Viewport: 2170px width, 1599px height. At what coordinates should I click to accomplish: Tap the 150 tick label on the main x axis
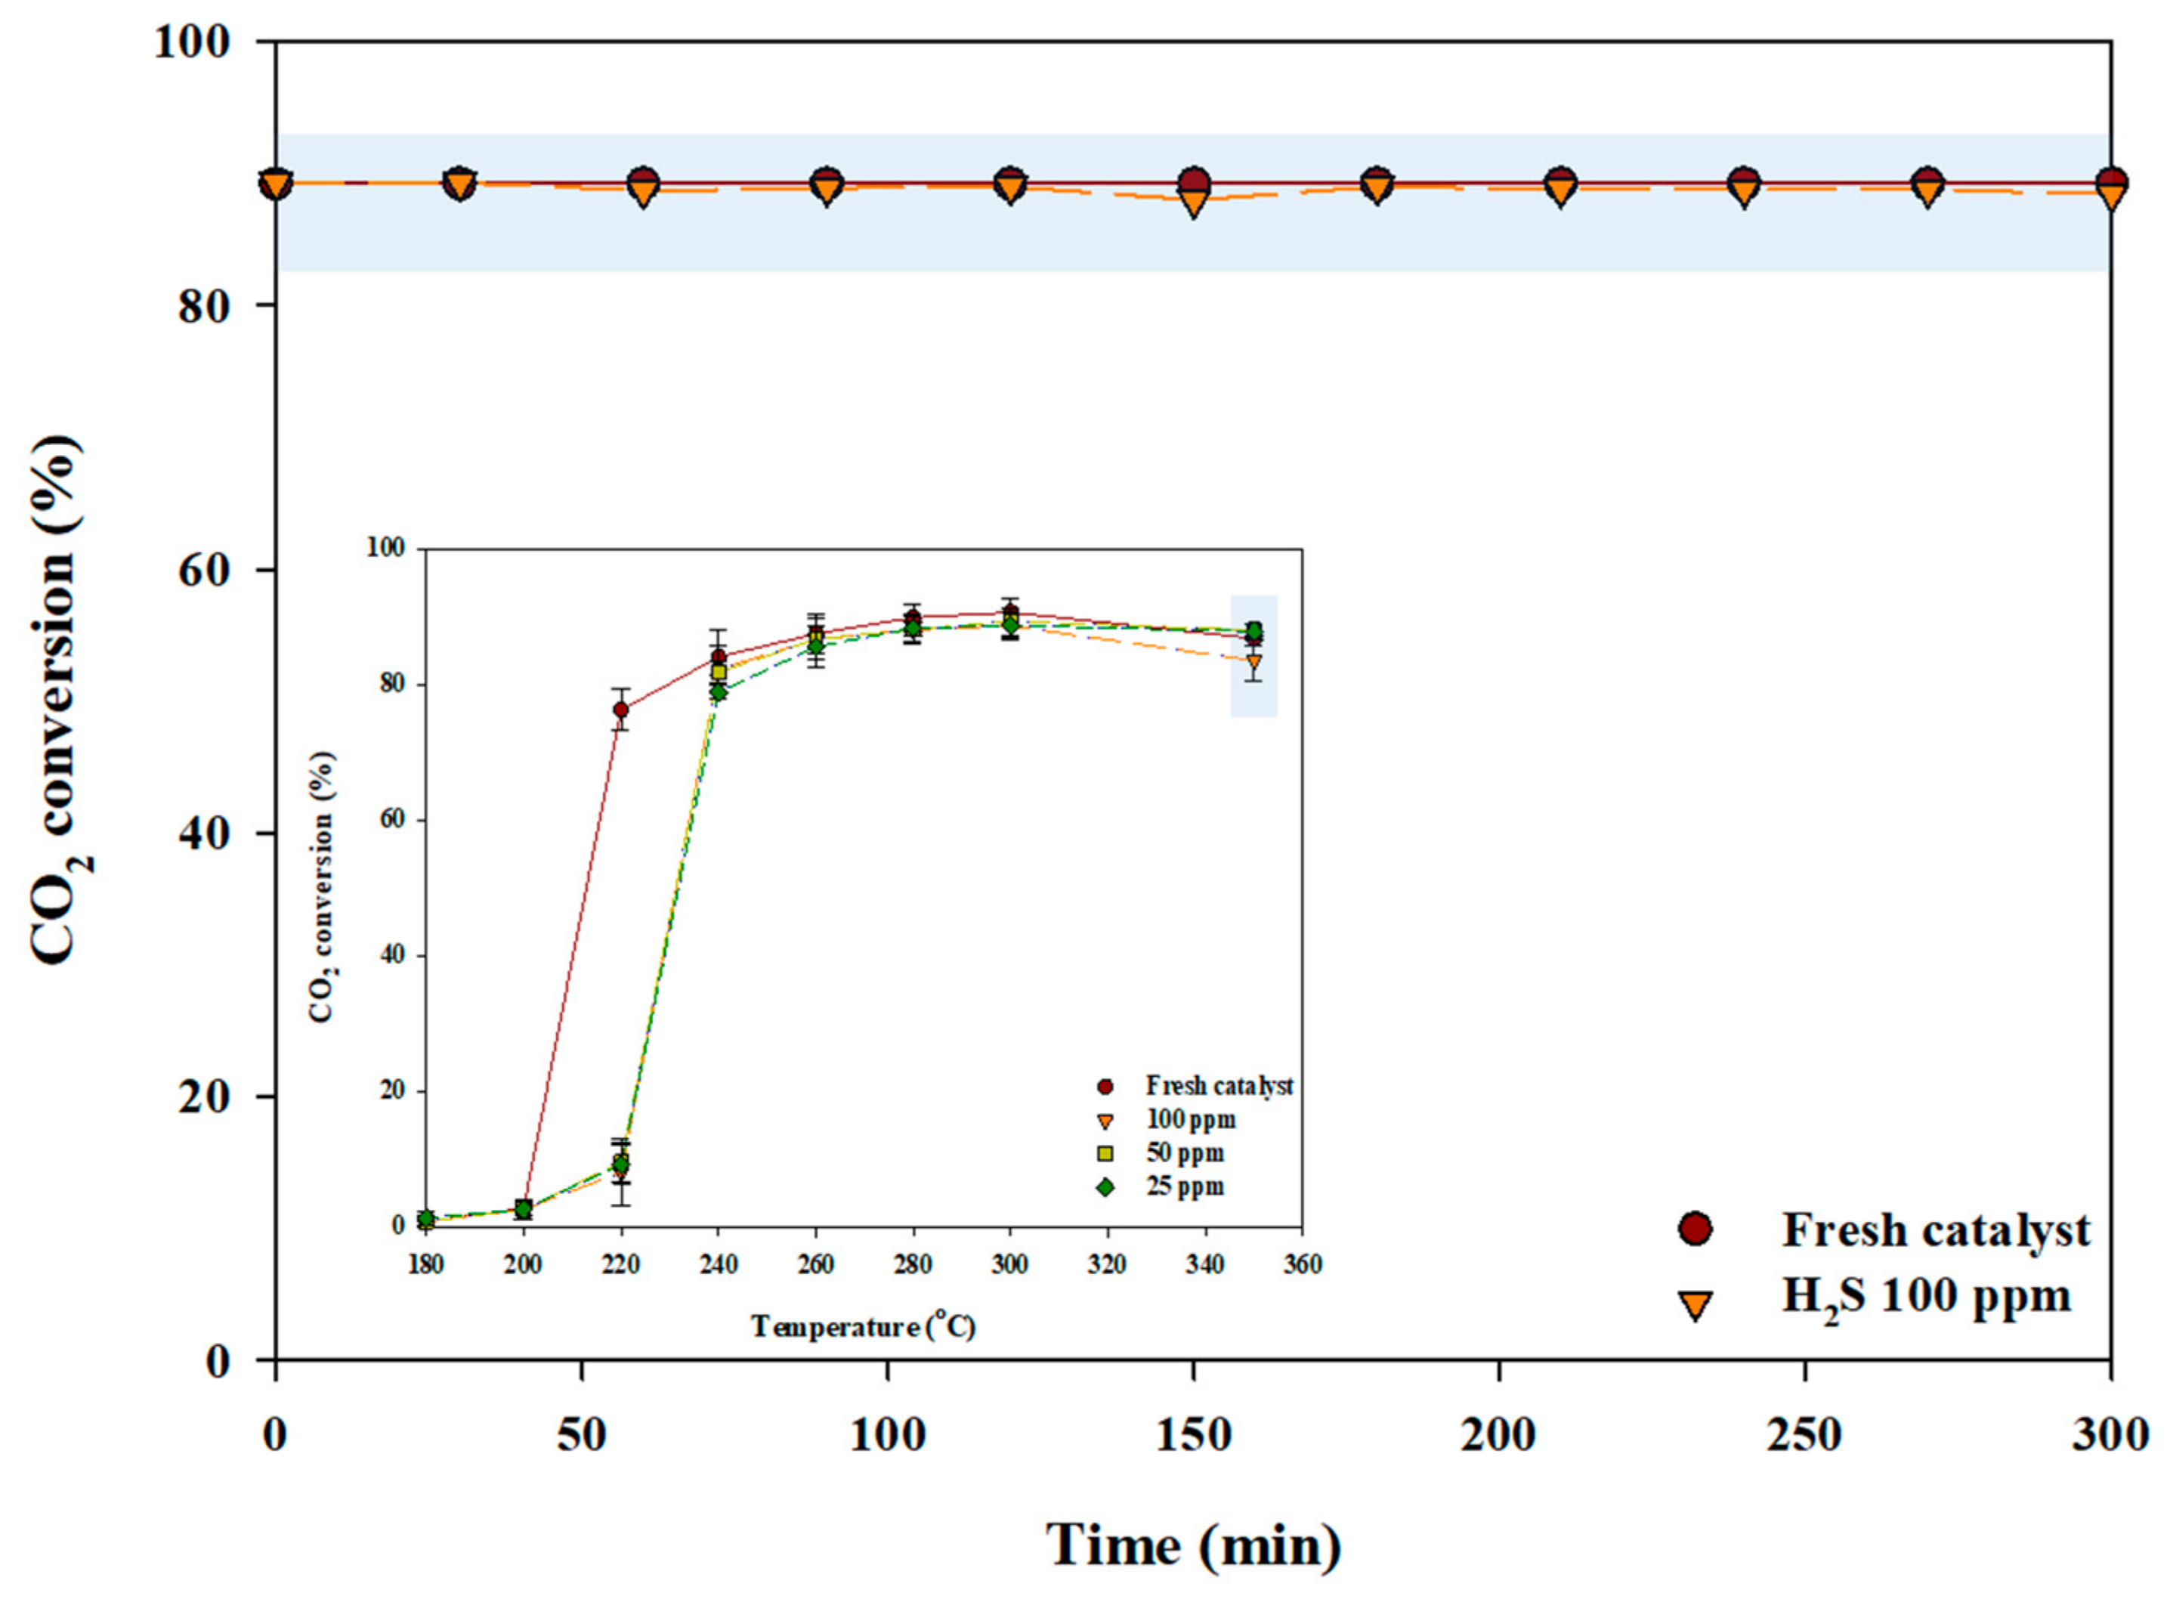1192,1434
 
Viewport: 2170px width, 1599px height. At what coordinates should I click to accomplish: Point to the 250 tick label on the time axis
1804,1434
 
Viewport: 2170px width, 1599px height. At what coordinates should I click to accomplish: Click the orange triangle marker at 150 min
1193,201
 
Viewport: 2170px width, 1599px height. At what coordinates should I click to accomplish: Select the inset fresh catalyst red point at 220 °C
620,710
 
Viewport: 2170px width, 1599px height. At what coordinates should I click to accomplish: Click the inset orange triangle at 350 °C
1253,663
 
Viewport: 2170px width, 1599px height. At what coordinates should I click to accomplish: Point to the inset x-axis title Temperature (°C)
862,1326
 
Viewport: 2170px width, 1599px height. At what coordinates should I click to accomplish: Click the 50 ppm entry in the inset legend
1185,1154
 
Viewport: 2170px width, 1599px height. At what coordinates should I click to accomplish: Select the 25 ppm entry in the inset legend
1185,1186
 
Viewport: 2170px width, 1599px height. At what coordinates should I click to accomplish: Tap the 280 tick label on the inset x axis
912,1265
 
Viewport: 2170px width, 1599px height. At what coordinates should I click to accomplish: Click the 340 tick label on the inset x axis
1205,1265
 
